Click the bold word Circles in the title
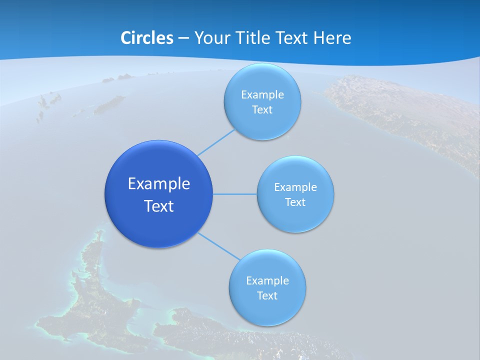[x=146, y=38]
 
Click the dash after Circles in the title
[x=183, y=38]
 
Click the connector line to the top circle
[x=216, y=142]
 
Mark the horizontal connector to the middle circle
[x=235, y=193]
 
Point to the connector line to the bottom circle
[x=219, y=246]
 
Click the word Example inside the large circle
[x=159, y=184]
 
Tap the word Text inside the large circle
[x=159, y=206]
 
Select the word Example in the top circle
[x=262, y=94]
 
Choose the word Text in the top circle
[x=262, y=109]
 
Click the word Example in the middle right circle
[x=295, y=187]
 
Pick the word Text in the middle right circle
[x=295, y=202]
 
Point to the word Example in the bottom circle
[x=267, y=280]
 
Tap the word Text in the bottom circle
[x=267, y=295]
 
